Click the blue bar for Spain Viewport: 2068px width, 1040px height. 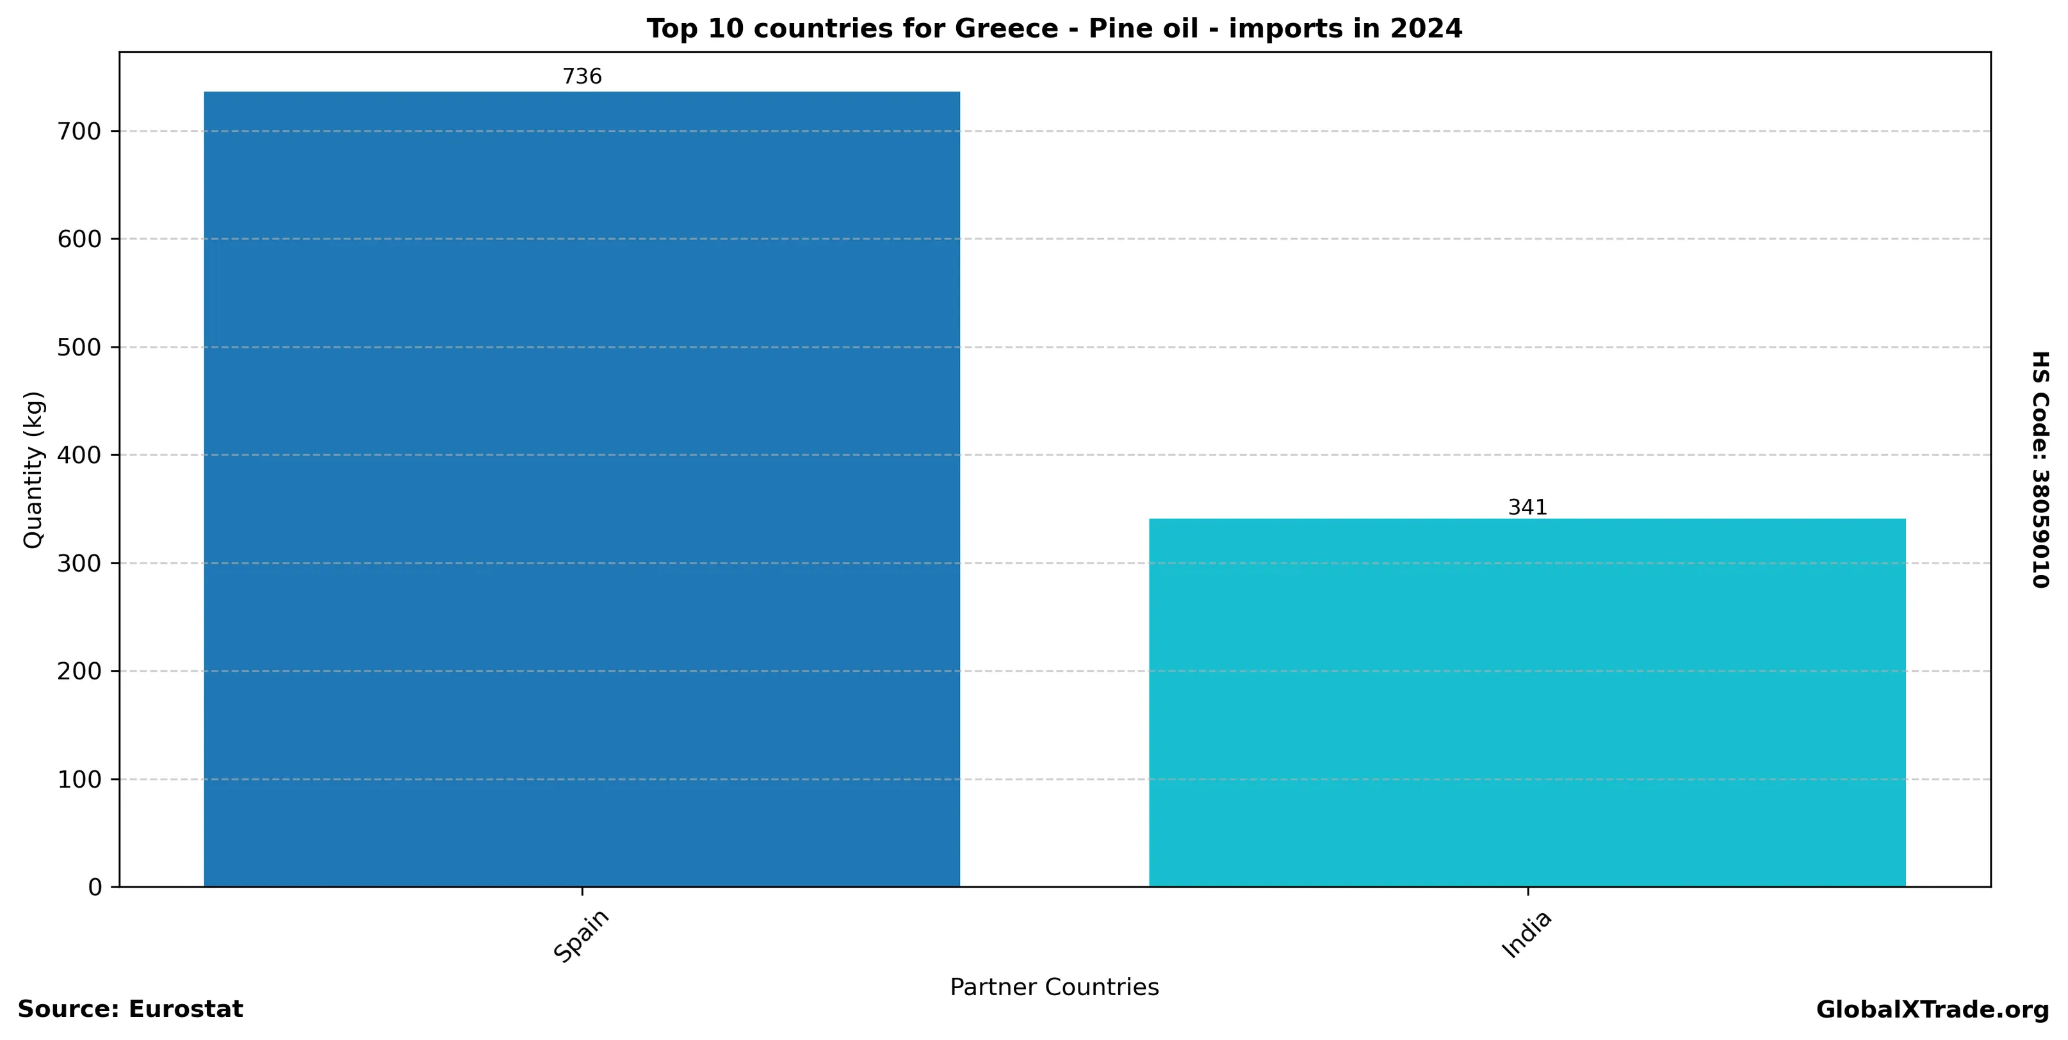(582, 489)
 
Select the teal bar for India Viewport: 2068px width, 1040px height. (1527, 702)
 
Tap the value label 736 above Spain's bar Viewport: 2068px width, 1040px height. (582, 77)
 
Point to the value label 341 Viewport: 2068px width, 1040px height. (1527, 507)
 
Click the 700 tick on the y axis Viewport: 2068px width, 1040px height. (79, 132)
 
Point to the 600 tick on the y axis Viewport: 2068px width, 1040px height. (79, 239)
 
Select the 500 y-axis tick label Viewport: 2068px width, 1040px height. (79, 348)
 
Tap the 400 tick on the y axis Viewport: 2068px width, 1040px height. (79, 455)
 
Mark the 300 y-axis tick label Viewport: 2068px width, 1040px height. (79, 564)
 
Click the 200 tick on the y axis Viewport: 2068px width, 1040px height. (79, 671)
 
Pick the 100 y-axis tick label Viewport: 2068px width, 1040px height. (79, 779)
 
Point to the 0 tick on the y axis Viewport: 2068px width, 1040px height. (95, 887)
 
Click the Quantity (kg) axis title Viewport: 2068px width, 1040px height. (33, 469)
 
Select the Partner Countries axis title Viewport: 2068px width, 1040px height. (1054, 987)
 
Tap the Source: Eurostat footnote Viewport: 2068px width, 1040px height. (130, 1009)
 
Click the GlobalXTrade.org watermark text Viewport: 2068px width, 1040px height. (1932, 1011)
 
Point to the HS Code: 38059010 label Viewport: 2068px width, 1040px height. (2040, 469)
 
